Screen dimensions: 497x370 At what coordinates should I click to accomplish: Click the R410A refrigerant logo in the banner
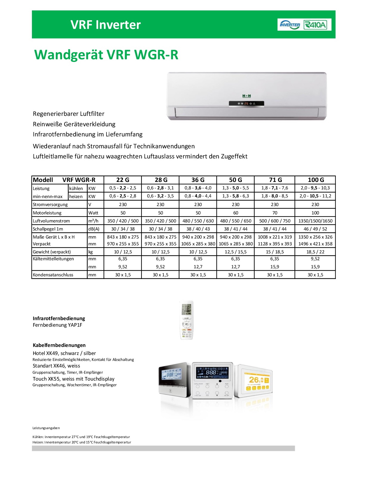315,25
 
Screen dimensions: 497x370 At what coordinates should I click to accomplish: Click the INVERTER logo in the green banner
290,25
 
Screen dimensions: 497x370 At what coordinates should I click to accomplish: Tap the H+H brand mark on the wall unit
246,96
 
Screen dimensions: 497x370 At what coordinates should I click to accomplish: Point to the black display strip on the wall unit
246,104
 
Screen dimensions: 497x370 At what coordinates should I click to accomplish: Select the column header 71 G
275,180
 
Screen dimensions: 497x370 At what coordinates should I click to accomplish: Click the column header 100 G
316,180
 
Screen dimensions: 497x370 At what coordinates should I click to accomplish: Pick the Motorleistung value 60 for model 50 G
236,213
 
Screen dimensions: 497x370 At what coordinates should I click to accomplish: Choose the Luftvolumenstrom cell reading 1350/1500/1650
315,221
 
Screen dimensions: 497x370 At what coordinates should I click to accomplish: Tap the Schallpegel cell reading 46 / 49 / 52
315,229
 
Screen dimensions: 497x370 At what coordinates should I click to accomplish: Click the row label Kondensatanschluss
53,275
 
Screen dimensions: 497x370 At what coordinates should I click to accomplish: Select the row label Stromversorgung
50,205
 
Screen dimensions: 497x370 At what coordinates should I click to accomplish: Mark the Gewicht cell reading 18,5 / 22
315,252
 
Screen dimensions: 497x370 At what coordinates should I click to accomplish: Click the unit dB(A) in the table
94,229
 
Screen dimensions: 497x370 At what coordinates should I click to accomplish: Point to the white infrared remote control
187,320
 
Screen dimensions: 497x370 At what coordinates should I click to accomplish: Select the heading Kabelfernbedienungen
59,345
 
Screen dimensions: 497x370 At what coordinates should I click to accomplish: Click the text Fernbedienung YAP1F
58,325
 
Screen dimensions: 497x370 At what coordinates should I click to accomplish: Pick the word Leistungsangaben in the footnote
46,428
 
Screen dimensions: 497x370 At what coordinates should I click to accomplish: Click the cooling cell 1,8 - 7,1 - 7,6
275,188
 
